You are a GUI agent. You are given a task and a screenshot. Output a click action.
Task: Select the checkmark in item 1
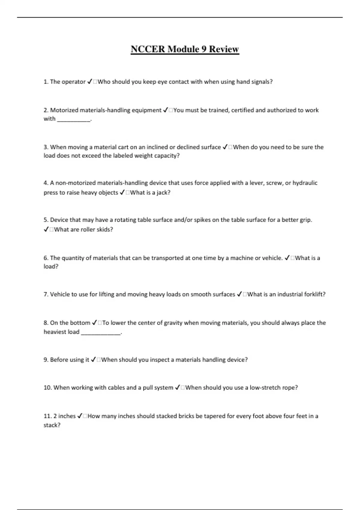[x=89, y=82]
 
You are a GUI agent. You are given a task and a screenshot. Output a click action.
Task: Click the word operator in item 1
[x=74, y=82]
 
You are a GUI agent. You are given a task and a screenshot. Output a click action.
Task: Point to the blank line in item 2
[x=73, y=119]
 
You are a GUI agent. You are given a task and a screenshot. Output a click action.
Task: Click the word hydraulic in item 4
[x=305, y=183]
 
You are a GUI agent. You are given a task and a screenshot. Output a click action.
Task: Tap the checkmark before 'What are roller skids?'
[x=46, y=229]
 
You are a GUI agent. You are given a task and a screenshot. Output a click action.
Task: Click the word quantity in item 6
[x=76, y=258]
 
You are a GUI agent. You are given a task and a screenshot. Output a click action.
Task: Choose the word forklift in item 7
[x=314, y=294]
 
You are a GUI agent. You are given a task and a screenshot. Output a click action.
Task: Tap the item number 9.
[x=46, y=360]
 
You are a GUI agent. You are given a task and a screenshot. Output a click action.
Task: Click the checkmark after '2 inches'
[x=80, y=416]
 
